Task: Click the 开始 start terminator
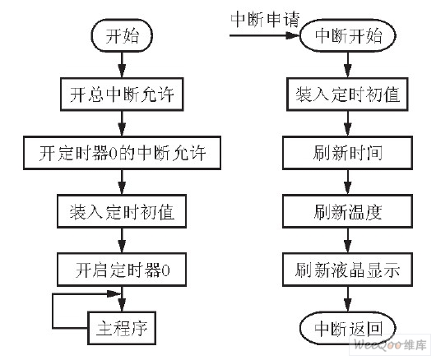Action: [121, 37]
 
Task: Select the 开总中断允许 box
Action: [122, 95]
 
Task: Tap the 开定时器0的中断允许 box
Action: [122, 154]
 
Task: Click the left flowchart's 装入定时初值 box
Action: [122, 211]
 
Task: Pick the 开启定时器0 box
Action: [122, 269]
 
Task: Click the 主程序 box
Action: [122, 325]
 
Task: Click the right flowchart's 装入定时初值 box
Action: [346, 95]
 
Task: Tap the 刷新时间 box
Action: [346, 154]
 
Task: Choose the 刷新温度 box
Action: [346, 211]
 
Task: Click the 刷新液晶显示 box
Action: [346, 269]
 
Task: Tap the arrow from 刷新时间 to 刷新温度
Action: [346, 182]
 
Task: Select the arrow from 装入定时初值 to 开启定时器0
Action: [122, 240]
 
